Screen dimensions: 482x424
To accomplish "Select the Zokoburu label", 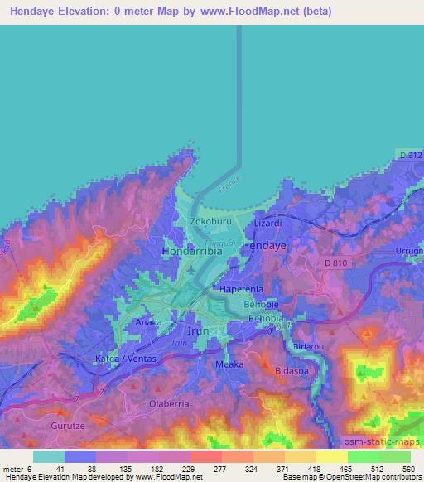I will point(207,223).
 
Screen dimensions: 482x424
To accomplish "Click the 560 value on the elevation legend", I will point(407,468).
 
